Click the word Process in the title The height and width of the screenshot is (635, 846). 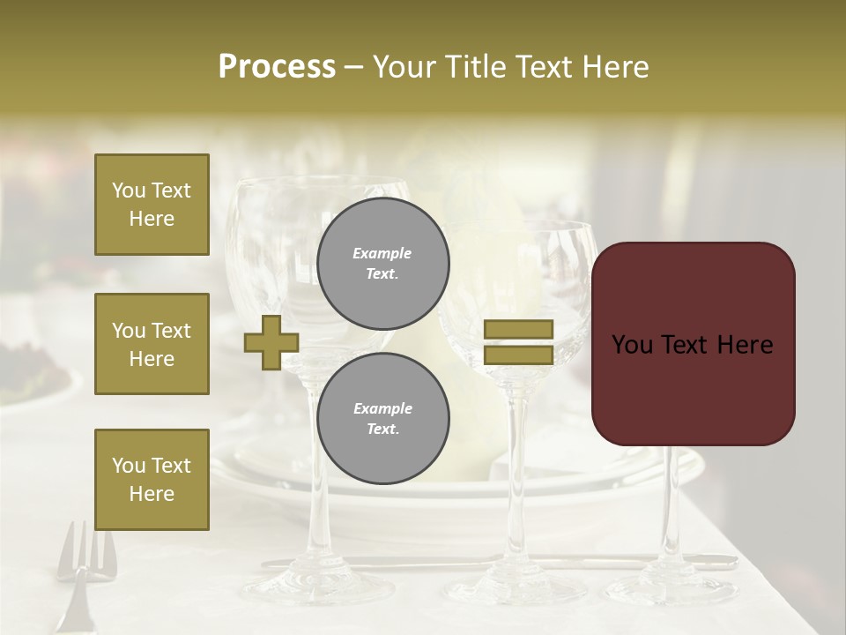pyautogui.click(x=277, y=67)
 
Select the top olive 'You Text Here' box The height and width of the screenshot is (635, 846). pyautogui.click(x=152, y=205)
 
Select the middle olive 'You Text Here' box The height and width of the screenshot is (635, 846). pyautogui.click(x=152, y=344)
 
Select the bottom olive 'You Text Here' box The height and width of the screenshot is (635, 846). pyautogui.click(x=152, y=480)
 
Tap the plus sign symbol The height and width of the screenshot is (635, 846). pyautogui.click(x=271, y=342)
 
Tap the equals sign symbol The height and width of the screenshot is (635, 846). pyautogui.click(x=518, y=342)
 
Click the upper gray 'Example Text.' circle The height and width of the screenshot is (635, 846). pyautogui.click(x=382, y=264)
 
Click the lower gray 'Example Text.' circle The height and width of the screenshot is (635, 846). pyautogui.click(x=382, y=419)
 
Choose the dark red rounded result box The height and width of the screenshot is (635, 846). pyautogui.click(x=693, y=344)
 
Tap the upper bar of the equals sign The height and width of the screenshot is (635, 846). pyautogui.click(x=518, y=330)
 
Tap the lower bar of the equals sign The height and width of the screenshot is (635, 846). pyautogui.click(x=518, y=355)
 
